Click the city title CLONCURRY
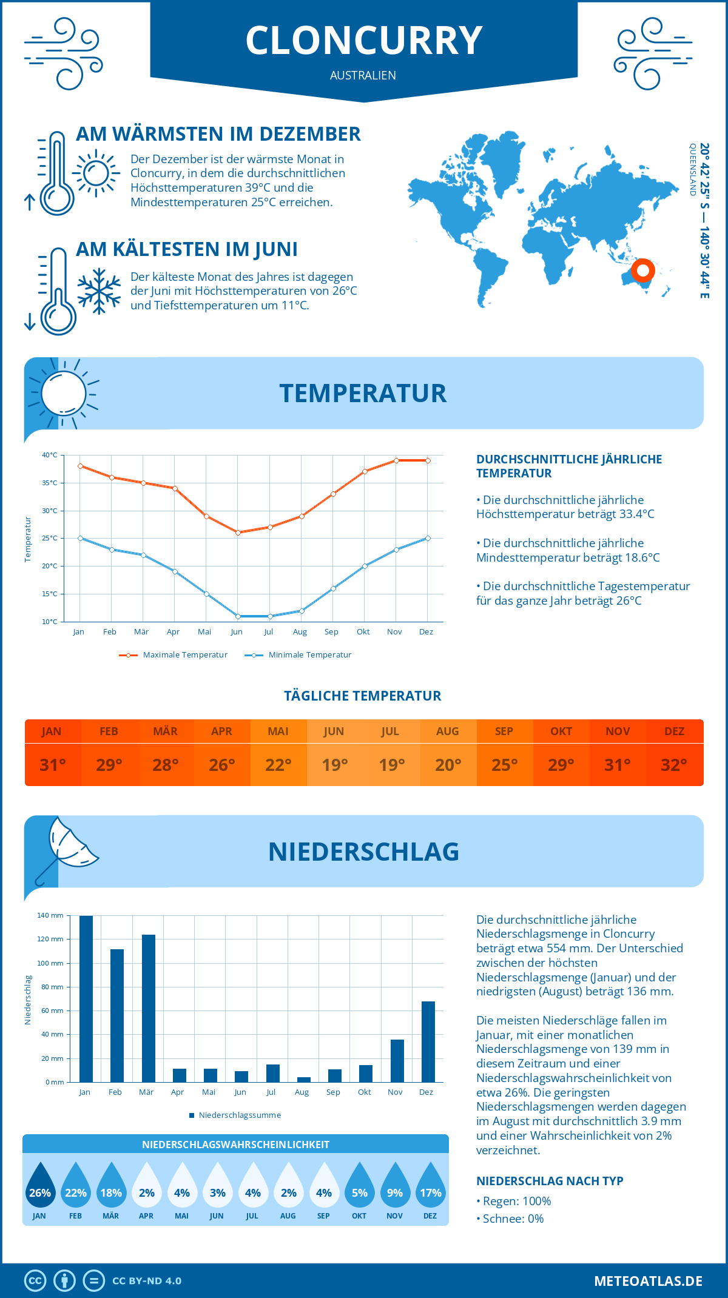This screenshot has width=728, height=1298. point(364,41)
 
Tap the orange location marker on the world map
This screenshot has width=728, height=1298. point(642,270)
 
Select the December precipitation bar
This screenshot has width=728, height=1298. point(428,1041)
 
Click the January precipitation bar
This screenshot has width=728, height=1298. point(86,999)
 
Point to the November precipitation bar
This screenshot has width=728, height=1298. point(397,1061)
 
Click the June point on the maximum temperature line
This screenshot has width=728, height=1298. point(238,533)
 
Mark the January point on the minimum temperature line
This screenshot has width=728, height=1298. point(80,538)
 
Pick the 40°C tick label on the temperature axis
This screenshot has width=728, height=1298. point(50,455)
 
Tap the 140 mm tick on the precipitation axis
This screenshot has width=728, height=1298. point(50,915)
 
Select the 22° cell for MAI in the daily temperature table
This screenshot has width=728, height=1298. point(278,765)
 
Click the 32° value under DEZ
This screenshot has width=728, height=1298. point(674,765)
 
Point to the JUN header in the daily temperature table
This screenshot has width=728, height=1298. point(334,731)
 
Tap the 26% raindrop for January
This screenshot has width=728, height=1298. point(40,1188)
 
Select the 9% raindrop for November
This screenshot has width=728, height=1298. point(395,1188)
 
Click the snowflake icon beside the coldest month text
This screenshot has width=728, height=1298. point(99,291)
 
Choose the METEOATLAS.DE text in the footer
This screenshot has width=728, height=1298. point(648,1281)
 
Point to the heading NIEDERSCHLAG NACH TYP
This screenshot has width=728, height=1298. point(550,1181)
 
